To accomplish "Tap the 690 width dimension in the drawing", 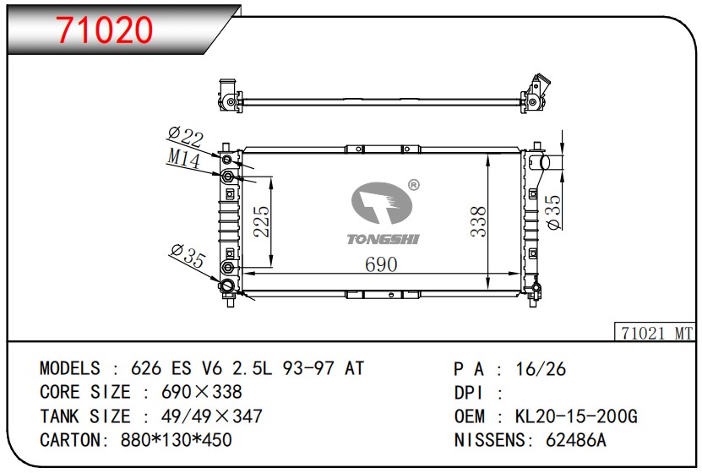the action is point(381,264).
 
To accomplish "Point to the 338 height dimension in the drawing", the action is point(478,221).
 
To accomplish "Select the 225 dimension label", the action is point(261,221).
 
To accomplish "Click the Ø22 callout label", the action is point(186,136).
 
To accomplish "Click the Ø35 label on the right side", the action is point(554,212).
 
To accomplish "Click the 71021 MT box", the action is point(654,332).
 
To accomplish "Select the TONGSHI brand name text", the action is point(384,239).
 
